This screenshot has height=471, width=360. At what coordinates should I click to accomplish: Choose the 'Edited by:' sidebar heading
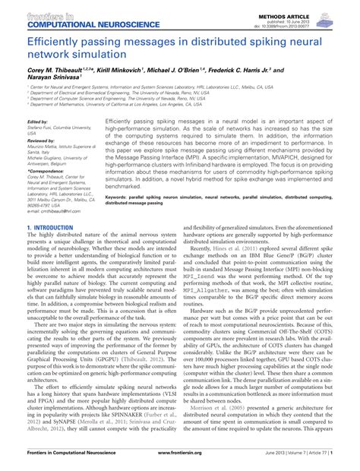tap(37, 122)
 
